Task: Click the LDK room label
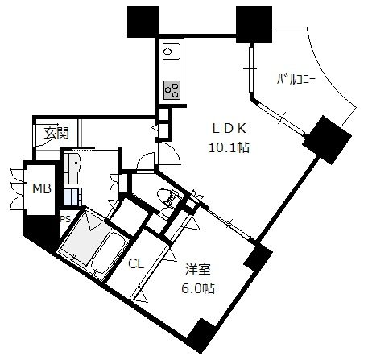pyautogui.click(x=229, y=128)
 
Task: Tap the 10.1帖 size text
pyautogui.click(x=229, y=147)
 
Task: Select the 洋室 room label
pyautogui.click(x=199, y=270)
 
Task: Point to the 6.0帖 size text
pyautogui.click(x=198, y=288)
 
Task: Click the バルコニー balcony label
pyautogui.click(x=296, y=80)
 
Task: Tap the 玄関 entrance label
pyautogui.click(x=56, y=133)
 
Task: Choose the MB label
pyautogui.click(x=42, y=188)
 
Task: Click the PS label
pyautogui.click(x=65, y=219)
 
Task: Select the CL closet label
pyautogui.click(x=136, y=264)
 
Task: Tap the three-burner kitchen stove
pyautogui.click(x=172, y=90)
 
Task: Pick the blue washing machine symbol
pyautogui.click(x=72, y=197)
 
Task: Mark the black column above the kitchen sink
pyautogui.click(x=143, y=22)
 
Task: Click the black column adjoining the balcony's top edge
pyautogui.click(x=254, y=24)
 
